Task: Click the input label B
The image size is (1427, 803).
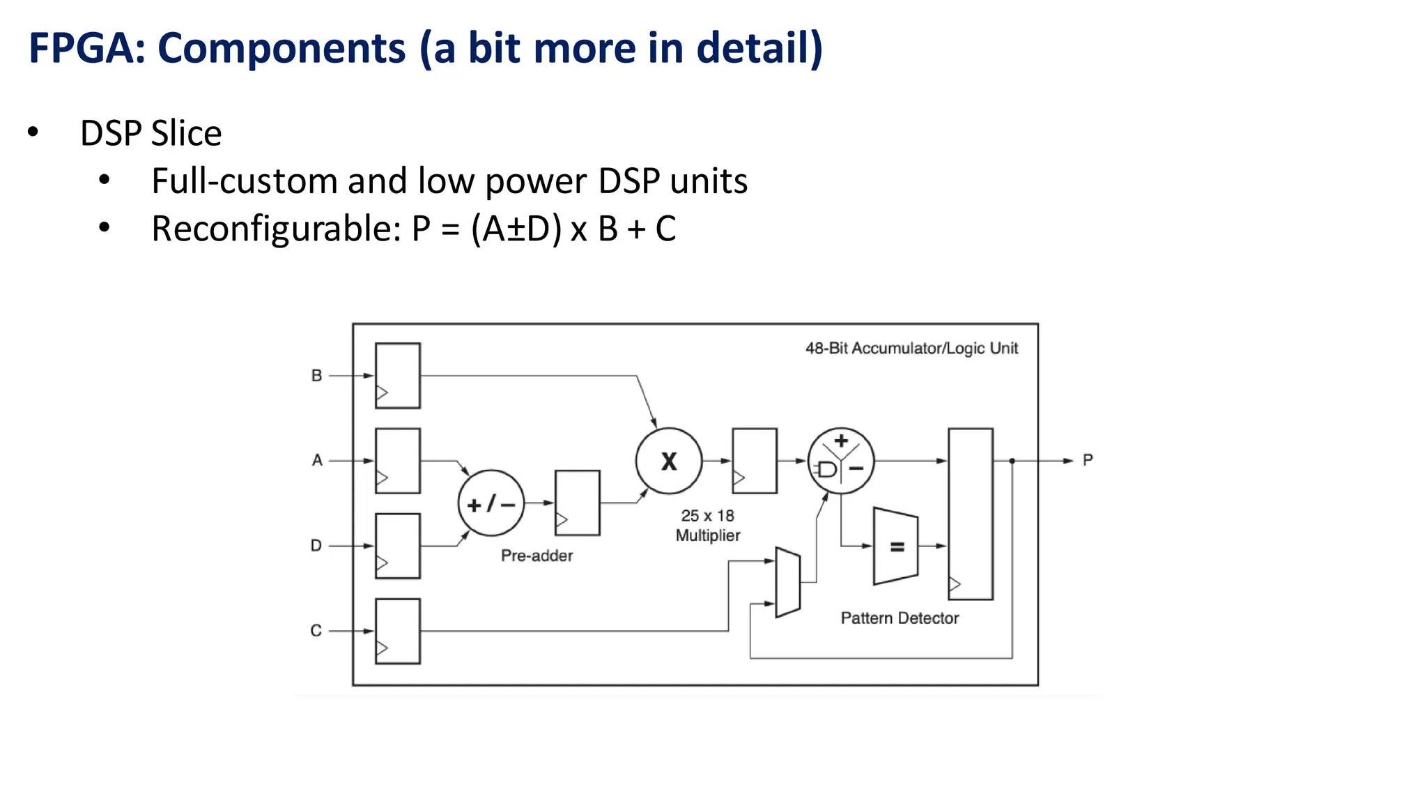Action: coord(316,376)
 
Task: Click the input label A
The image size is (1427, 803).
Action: coord(317,460)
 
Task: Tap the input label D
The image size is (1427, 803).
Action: coord(316,545)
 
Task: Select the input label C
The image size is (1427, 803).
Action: coord(316,631)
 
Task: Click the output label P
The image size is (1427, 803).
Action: coord(1088,460)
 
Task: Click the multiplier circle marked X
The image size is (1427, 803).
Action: coord(669,461)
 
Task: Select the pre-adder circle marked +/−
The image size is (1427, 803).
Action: coord(491,503)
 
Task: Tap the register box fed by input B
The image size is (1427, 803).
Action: coord(398,375)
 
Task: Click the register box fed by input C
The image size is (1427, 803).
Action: coord(398,631)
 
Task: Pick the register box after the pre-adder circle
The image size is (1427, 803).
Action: coord(578,503)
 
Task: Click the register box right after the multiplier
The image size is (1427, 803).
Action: coord(755,461)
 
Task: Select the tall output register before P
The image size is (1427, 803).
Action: coord(971,514)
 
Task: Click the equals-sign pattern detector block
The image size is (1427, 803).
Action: coord(896,546)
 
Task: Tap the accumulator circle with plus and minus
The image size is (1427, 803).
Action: coord(841,461)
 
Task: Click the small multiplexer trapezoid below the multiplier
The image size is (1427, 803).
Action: coord(788,583)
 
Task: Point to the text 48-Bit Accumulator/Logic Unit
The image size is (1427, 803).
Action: coord(911,348)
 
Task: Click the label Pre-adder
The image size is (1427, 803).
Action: coord(537,556)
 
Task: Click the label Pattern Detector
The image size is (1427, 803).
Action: coord(900,618)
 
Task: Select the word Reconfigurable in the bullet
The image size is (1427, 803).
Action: coord(276,229)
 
